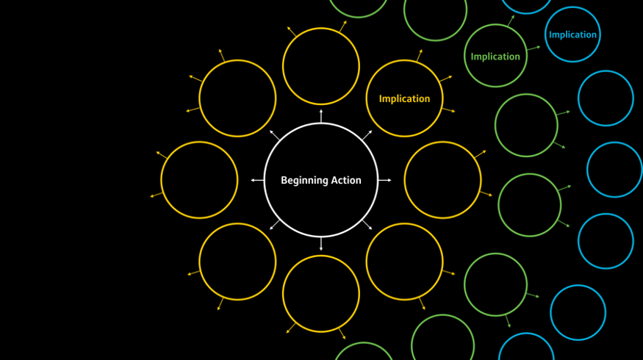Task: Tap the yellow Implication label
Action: coord(404,98)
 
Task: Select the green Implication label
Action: coord(495,57)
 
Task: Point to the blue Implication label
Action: coord(572,35)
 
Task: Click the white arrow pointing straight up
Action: coord(321,116)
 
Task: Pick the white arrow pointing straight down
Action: coord(321,244)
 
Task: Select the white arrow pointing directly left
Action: coord(257,180)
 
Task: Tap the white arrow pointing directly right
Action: coord(384,180)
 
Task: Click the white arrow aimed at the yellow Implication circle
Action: coord(367,135)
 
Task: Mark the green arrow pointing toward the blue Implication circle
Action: coord(534,48)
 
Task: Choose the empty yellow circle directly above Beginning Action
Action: coord(321,28)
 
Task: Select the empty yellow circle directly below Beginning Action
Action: coord(321,256)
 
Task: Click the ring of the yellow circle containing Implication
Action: coord(404,60)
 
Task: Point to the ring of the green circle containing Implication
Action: coord(495,24)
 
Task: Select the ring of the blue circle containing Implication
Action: coord(573,7)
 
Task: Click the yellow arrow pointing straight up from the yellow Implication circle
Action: coord(419,55)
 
